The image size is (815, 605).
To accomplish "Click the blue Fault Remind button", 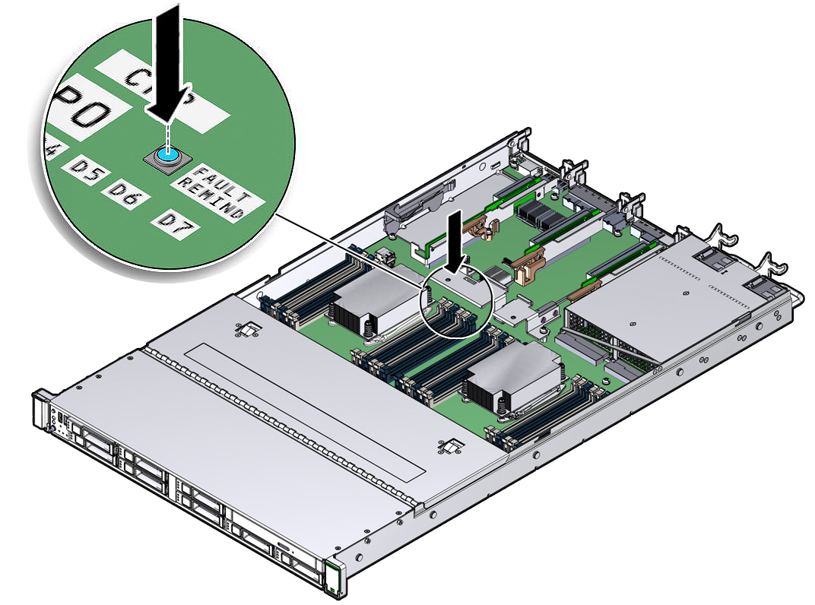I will pos(166,155).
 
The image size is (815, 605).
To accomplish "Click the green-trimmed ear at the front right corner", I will pos(333,578).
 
